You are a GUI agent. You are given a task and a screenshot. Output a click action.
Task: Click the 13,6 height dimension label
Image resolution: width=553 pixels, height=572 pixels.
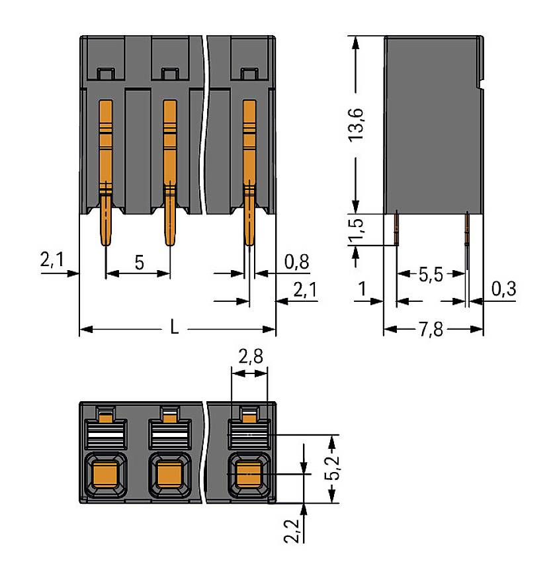pos(358,123)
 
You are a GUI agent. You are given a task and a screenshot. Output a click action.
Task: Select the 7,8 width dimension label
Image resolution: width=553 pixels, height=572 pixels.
pos(432,329)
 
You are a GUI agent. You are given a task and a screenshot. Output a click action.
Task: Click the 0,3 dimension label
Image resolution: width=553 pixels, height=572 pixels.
pos(504,289)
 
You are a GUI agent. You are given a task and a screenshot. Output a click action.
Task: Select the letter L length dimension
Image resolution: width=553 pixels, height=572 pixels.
pos(175,328)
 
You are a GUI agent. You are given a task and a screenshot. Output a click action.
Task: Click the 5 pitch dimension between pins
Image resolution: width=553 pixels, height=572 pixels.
pos(139,262)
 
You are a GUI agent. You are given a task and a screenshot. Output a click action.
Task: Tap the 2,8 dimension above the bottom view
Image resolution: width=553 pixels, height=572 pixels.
pos(250,357)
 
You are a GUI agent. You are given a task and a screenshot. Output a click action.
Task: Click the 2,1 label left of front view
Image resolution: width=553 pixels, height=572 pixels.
pos(51,260)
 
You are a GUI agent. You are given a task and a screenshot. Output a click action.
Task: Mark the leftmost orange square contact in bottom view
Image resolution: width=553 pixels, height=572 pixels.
pos(105,475)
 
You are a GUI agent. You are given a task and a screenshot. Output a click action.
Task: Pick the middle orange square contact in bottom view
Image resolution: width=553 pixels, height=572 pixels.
pos(169,475)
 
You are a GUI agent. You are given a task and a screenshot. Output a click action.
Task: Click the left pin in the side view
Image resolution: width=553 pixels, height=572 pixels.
pos(396,228)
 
